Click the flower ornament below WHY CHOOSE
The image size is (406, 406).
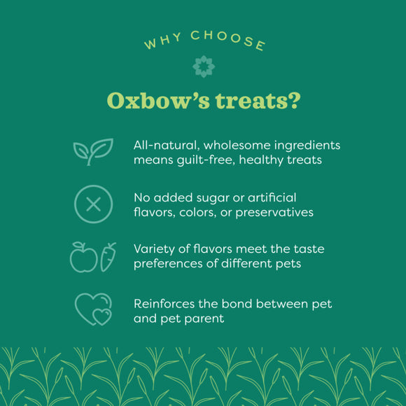click(204, 66)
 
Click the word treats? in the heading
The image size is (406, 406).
click(257, 100)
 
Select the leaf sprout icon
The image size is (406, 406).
click(93, 150)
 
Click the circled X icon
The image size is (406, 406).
click(93, 204)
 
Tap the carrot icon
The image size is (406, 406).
click(108, 257)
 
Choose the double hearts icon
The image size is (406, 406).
click(93, 309)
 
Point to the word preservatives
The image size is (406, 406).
click(275, 211)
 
